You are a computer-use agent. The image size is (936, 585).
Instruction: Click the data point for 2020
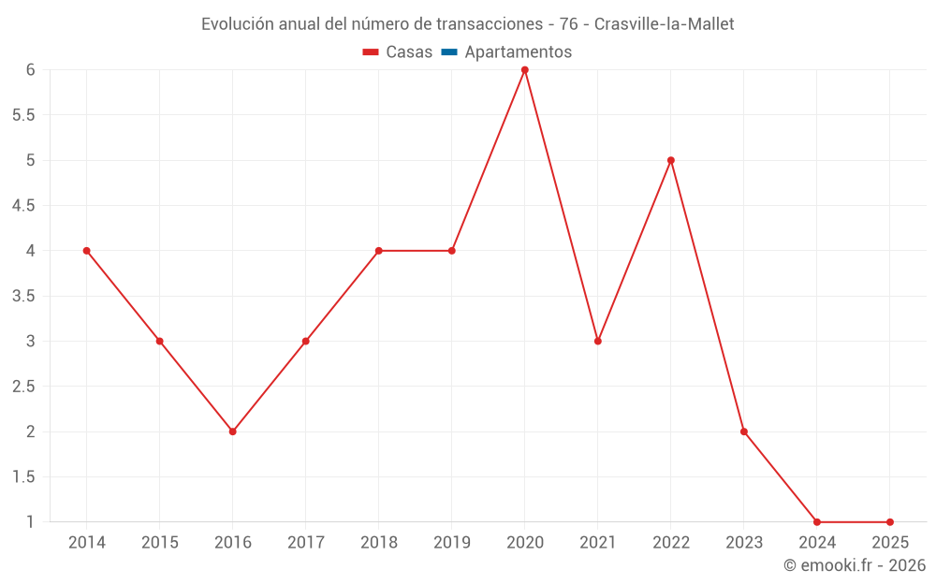pos(525,69)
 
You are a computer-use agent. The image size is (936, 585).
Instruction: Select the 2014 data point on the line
pos(87,251)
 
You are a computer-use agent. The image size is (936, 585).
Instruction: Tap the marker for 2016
pos(233,431)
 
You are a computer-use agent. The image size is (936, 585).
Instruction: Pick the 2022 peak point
pos(671,160)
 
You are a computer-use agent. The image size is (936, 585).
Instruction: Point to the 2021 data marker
pos(598,341)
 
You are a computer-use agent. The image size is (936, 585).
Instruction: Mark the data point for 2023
pos(744,431)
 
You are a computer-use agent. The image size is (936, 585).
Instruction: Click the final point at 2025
pos(890,522)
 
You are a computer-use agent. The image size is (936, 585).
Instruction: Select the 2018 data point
pos(379,251)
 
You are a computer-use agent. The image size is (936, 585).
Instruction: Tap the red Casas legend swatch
pos(371,52)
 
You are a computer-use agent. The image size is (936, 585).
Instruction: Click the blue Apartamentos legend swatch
pos(449,52)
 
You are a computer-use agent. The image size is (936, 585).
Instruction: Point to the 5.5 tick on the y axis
pos(23,115)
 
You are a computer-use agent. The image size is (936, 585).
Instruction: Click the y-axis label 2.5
pos(23,387)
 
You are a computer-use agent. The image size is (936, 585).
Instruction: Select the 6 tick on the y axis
pos(31,69)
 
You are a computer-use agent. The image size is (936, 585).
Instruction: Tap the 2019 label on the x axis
pos(452,543)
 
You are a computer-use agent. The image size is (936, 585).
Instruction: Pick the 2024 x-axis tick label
pos(817,543)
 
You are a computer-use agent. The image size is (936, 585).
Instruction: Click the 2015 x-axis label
pos(160,543)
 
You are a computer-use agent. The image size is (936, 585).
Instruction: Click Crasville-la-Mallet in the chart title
pos(665,24)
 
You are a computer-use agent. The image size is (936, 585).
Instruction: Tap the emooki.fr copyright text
pos(855,565)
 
